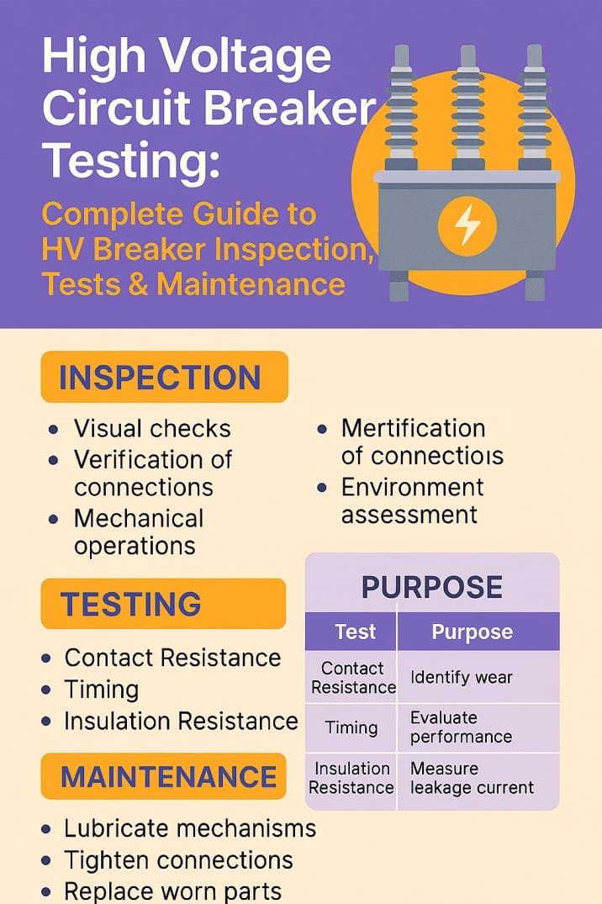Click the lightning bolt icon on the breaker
(467, 226)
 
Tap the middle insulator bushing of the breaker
(467, 109)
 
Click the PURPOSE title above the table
(431, 587)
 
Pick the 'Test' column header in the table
(355, 632)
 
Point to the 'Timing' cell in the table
(351, 728)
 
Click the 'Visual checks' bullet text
(152, 428)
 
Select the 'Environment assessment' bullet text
(412, 500)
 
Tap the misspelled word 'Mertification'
(413, 428)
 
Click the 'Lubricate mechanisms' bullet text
(190, 828)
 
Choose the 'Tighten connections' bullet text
(178, 860)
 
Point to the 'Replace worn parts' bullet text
(172, 891)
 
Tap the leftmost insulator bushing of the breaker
(400, 109)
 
